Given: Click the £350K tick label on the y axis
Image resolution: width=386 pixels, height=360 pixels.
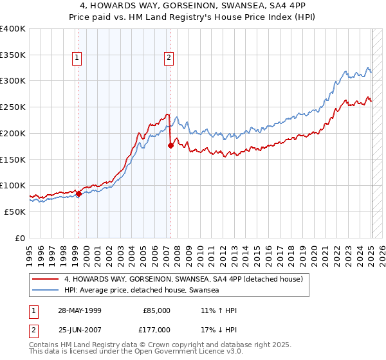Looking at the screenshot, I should point(13,55).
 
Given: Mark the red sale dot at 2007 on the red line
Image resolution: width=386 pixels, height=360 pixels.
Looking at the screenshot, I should point(171,146).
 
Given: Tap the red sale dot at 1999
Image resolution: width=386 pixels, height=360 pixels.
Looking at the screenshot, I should point(78,193).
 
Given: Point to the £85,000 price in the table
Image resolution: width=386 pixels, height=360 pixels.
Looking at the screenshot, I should point(157,310).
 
